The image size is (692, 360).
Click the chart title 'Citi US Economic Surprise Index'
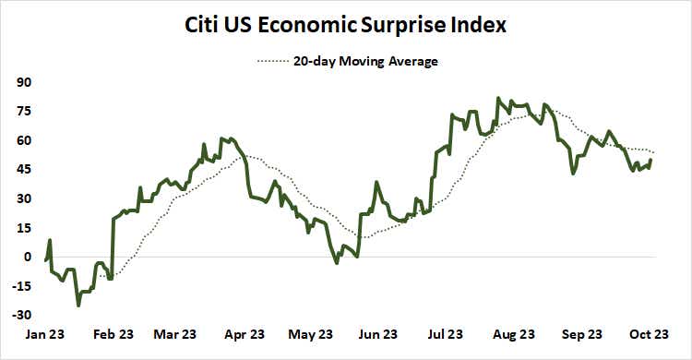pos(345,25)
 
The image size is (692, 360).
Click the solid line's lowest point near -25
pos(78,305)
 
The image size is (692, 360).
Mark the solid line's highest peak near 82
pos(498,98)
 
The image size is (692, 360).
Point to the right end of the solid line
pos(650,160)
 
